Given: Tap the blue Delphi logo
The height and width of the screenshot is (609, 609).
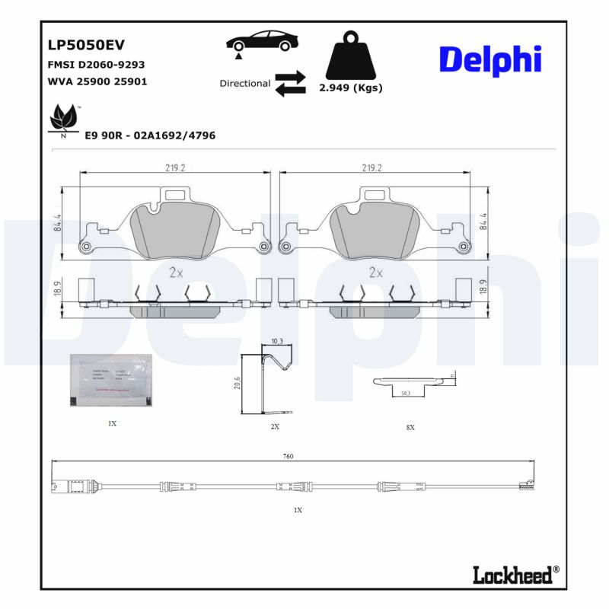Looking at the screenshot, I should click(x=489, y=60).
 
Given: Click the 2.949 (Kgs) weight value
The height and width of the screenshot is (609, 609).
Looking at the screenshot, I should click(x=350, y=88).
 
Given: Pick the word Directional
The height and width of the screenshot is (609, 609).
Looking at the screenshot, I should click(x=244, y=84).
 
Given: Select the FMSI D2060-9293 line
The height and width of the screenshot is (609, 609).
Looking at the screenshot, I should click(x=96, y=65).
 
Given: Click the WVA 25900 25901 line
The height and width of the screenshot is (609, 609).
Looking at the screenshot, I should click(x=97, y=81).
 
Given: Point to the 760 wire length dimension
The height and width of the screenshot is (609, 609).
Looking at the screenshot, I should click(x=288, y=456).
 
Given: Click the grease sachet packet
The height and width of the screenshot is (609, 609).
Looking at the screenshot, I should click(x=111, y=378).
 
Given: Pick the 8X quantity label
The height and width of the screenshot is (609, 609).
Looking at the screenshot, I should click(x=410, y=428).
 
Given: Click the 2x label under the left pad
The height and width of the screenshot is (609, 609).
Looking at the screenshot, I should click(x=176, y=272).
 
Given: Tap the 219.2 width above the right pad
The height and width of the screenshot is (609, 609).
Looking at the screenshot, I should click(x=371, y=168).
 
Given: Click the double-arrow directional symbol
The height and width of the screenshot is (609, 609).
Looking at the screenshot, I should click(x=290, y=84).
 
